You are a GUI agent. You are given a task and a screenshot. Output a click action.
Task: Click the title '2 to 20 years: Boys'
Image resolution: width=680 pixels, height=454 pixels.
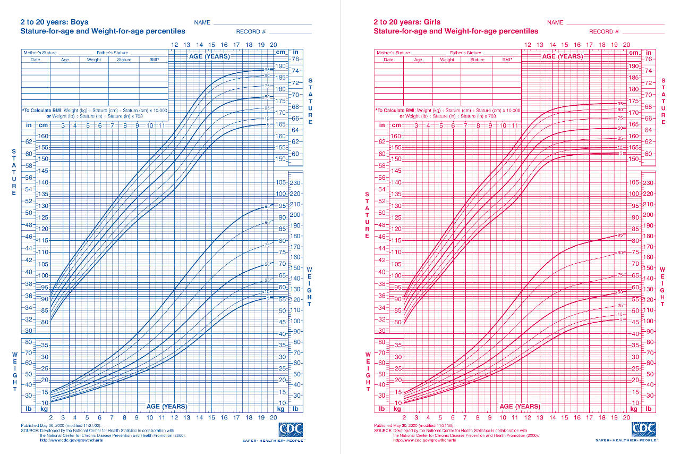coord(54,22)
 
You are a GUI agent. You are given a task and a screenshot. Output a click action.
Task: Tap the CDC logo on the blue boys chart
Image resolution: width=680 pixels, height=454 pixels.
coord(290,430)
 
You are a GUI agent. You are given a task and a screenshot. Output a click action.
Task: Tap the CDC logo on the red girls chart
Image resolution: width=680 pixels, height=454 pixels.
coord(643,430)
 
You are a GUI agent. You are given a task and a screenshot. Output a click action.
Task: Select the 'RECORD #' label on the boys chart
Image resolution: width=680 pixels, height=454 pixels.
coord(251,32)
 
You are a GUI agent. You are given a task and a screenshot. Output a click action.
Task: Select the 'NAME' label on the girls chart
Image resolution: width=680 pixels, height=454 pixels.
coord(555,23)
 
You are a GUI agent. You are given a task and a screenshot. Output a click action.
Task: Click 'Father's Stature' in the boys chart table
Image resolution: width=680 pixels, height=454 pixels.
coord(112,53)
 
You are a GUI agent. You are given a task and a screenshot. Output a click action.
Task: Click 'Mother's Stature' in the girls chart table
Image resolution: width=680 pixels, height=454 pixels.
coord(393,53)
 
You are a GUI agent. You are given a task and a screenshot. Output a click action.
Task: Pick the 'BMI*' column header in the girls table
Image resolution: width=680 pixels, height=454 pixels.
coord(506,60)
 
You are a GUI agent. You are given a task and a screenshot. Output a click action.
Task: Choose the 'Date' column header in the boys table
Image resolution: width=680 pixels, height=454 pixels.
coord(35,60)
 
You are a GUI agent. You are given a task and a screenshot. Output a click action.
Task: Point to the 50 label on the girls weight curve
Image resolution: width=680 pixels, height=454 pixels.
coord(619,292)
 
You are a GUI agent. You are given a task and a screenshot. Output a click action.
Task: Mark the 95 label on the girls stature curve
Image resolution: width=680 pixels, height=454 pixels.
coord(619,103)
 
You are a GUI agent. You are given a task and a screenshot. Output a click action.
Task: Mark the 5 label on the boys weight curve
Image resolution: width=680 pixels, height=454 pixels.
coord(268,298)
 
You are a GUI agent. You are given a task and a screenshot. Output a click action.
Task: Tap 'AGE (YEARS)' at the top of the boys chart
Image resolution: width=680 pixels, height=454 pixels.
coord(209,56)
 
